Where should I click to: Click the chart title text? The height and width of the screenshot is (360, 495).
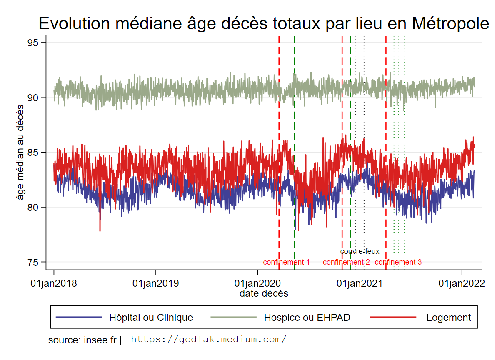click(264, 24)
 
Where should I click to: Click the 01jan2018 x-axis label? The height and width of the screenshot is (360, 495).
click(54, 284)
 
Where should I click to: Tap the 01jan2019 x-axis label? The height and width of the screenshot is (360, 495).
click(155, 284)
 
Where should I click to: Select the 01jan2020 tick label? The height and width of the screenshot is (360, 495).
click(257, 284)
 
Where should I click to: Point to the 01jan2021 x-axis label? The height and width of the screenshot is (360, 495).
click(360, 284)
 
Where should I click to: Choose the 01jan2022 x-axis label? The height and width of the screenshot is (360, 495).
click(462, 284)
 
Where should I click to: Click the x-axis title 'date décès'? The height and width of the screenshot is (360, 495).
click(264, 293)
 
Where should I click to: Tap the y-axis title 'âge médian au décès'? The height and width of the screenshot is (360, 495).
click(20, 152)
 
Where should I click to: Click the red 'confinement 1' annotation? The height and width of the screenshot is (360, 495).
click(286, 262)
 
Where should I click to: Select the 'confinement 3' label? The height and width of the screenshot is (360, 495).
click(398, 262)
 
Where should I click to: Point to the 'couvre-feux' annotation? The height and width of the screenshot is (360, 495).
click(360, 251)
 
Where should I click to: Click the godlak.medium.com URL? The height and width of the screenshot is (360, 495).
click(208, 339)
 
